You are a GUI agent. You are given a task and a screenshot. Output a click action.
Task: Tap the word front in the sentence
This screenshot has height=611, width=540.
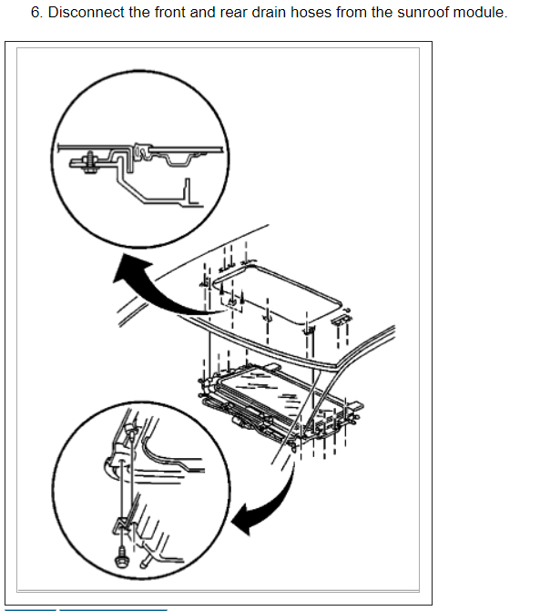tap(170, 13)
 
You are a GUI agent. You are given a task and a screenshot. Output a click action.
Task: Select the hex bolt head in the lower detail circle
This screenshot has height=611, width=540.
tap(121, 558)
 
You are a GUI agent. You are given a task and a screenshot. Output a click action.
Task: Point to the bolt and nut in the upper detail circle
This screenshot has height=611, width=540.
tap(90, 162)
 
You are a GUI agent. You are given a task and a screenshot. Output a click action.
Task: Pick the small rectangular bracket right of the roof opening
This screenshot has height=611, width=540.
tap(341, 319)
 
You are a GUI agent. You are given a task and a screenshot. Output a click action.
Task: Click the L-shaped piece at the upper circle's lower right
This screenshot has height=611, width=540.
tap(192, 193)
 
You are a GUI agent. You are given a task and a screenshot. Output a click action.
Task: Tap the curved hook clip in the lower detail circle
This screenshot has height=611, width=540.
tap(110, 466)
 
